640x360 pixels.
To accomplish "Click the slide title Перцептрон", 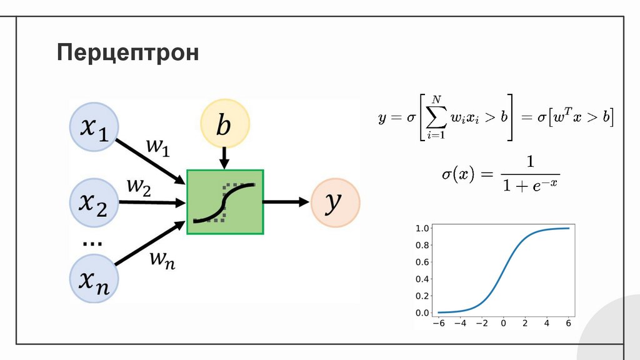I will (128, 52).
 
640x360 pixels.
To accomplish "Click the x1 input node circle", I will (94, 128).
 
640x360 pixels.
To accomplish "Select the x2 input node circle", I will (94, 201).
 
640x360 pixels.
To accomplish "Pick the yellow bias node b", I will (224, 126).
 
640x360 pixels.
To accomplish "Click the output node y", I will (336, 202).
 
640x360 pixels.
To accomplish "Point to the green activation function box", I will (225, 202).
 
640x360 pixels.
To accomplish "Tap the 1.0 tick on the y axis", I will (422, 228).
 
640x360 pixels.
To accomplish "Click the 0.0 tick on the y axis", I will (422, 312).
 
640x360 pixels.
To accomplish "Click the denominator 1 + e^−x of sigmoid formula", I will (530, 186).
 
